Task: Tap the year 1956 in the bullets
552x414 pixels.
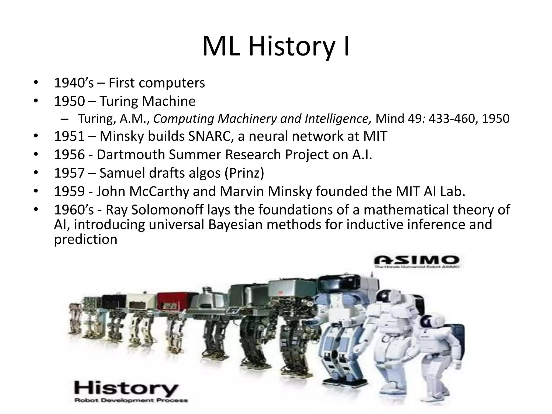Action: point(69,155)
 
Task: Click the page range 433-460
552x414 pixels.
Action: point(450,119)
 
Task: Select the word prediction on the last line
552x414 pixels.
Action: point(85,239)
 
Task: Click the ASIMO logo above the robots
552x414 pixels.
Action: point(417,261)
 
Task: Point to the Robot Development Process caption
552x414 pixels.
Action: point(131,400)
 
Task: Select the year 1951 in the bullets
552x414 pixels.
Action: point(69,136)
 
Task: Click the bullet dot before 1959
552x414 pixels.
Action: point(36,191)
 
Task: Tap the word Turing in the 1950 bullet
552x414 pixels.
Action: point(119,101)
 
